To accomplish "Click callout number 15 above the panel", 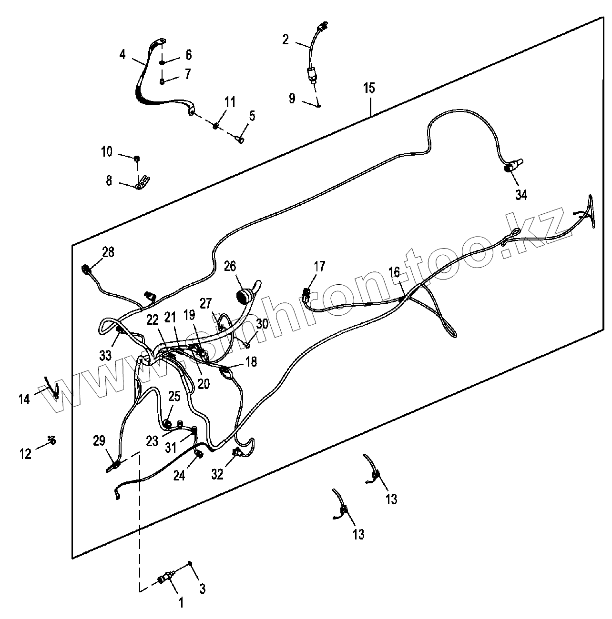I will tap(369, 88).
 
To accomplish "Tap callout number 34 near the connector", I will tap(521, 194).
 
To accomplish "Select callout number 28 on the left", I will tap(108, 252).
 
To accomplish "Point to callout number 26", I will tap(230, 266).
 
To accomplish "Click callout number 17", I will tap(319, 266).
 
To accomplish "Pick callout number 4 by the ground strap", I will tap(122, 55).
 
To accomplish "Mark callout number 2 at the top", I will tap(285, 40).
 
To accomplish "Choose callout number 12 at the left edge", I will tap(25, 454).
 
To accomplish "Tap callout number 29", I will tap(99, 441).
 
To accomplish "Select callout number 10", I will tap(106, 152).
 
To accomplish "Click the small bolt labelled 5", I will tap(240, 140).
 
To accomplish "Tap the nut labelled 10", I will tap(137, 159).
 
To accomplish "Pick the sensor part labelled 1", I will tap(164, 579).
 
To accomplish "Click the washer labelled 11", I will tap(215, 125).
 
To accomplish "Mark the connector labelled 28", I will tap(86, 270).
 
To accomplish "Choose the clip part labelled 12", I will tap(52, 440).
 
